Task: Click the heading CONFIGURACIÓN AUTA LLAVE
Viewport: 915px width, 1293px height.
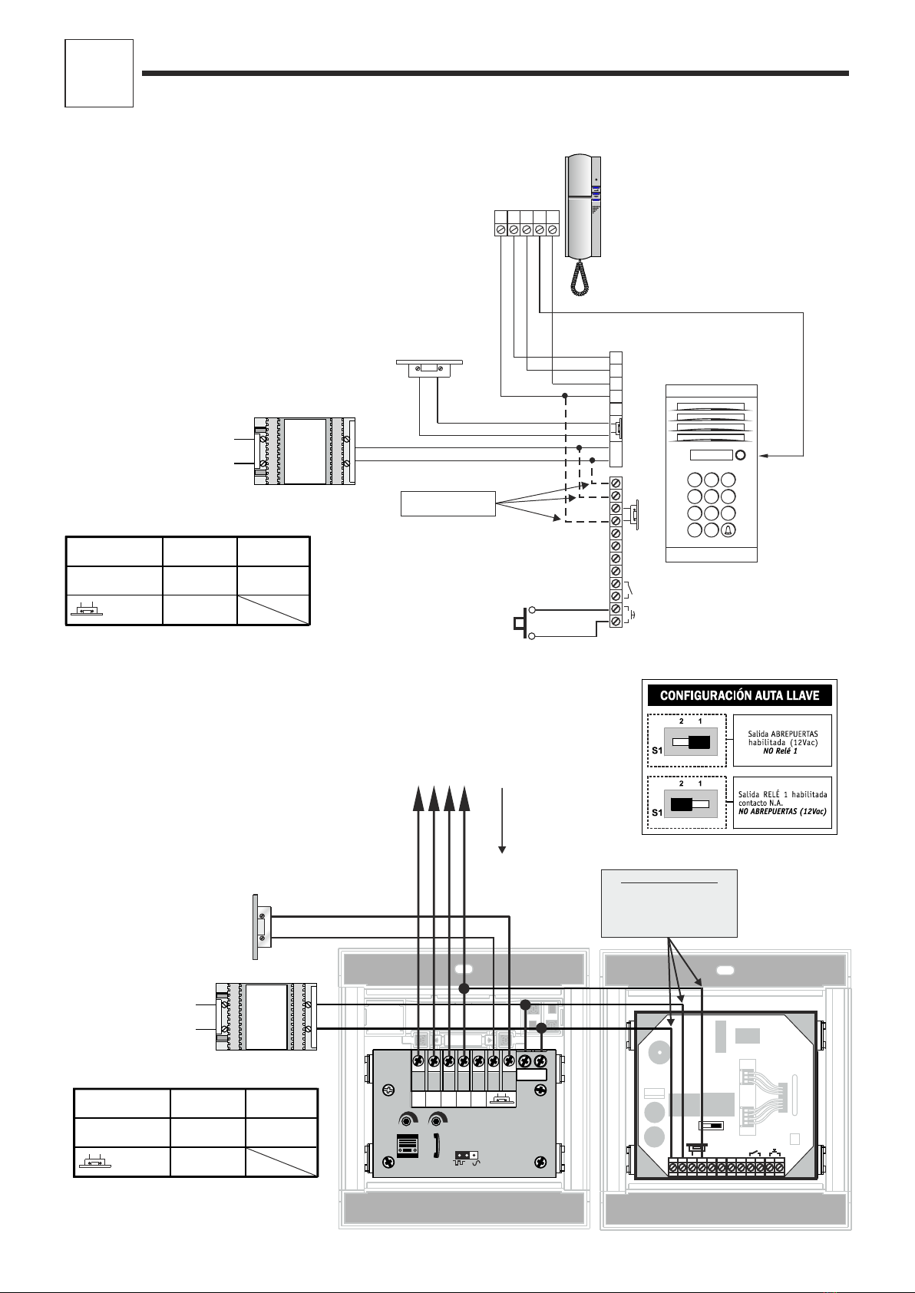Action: coord(739,695)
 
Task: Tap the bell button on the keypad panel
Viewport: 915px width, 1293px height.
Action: coord(728,530)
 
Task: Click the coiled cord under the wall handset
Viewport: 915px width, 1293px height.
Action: coord(579,279)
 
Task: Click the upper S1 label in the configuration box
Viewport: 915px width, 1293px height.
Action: coord(657,750)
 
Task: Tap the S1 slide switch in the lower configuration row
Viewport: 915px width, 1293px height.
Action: coord(690,804)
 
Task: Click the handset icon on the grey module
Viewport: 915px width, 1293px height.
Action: coord(437,1144)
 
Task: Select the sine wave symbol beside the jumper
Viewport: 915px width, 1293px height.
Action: coord(476,1163)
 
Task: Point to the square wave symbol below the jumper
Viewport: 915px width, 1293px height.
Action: coord(460,1163)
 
